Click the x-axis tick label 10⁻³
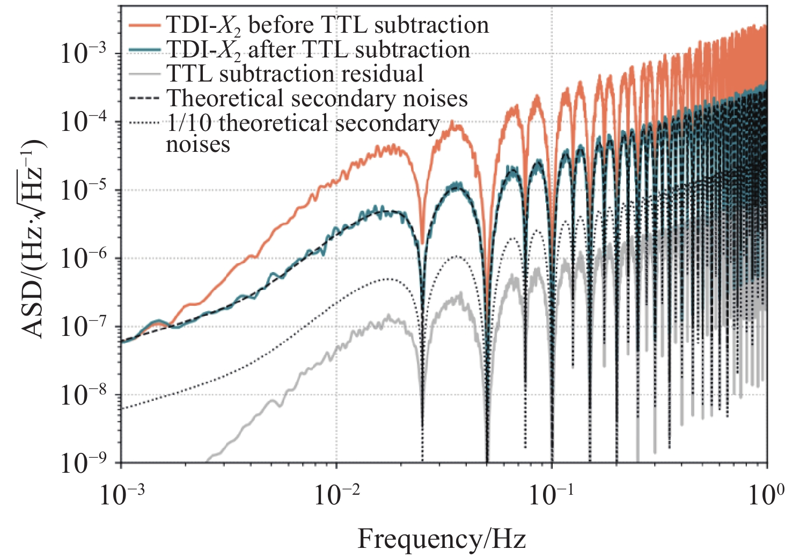click(121, 495)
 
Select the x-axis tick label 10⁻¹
click(552, 495)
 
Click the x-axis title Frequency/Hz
click(442, 539)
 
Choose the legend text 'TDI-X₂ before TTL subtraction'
click(327, 26)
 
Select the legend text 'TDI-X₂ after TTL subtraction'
click(318, 50)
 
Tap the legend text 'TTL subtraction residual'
click(295, 74)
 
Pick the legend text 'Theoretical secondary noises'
click(317, 99)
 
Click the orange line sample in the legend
click(145, 25)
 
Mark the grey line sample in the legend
click(145, 74)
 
